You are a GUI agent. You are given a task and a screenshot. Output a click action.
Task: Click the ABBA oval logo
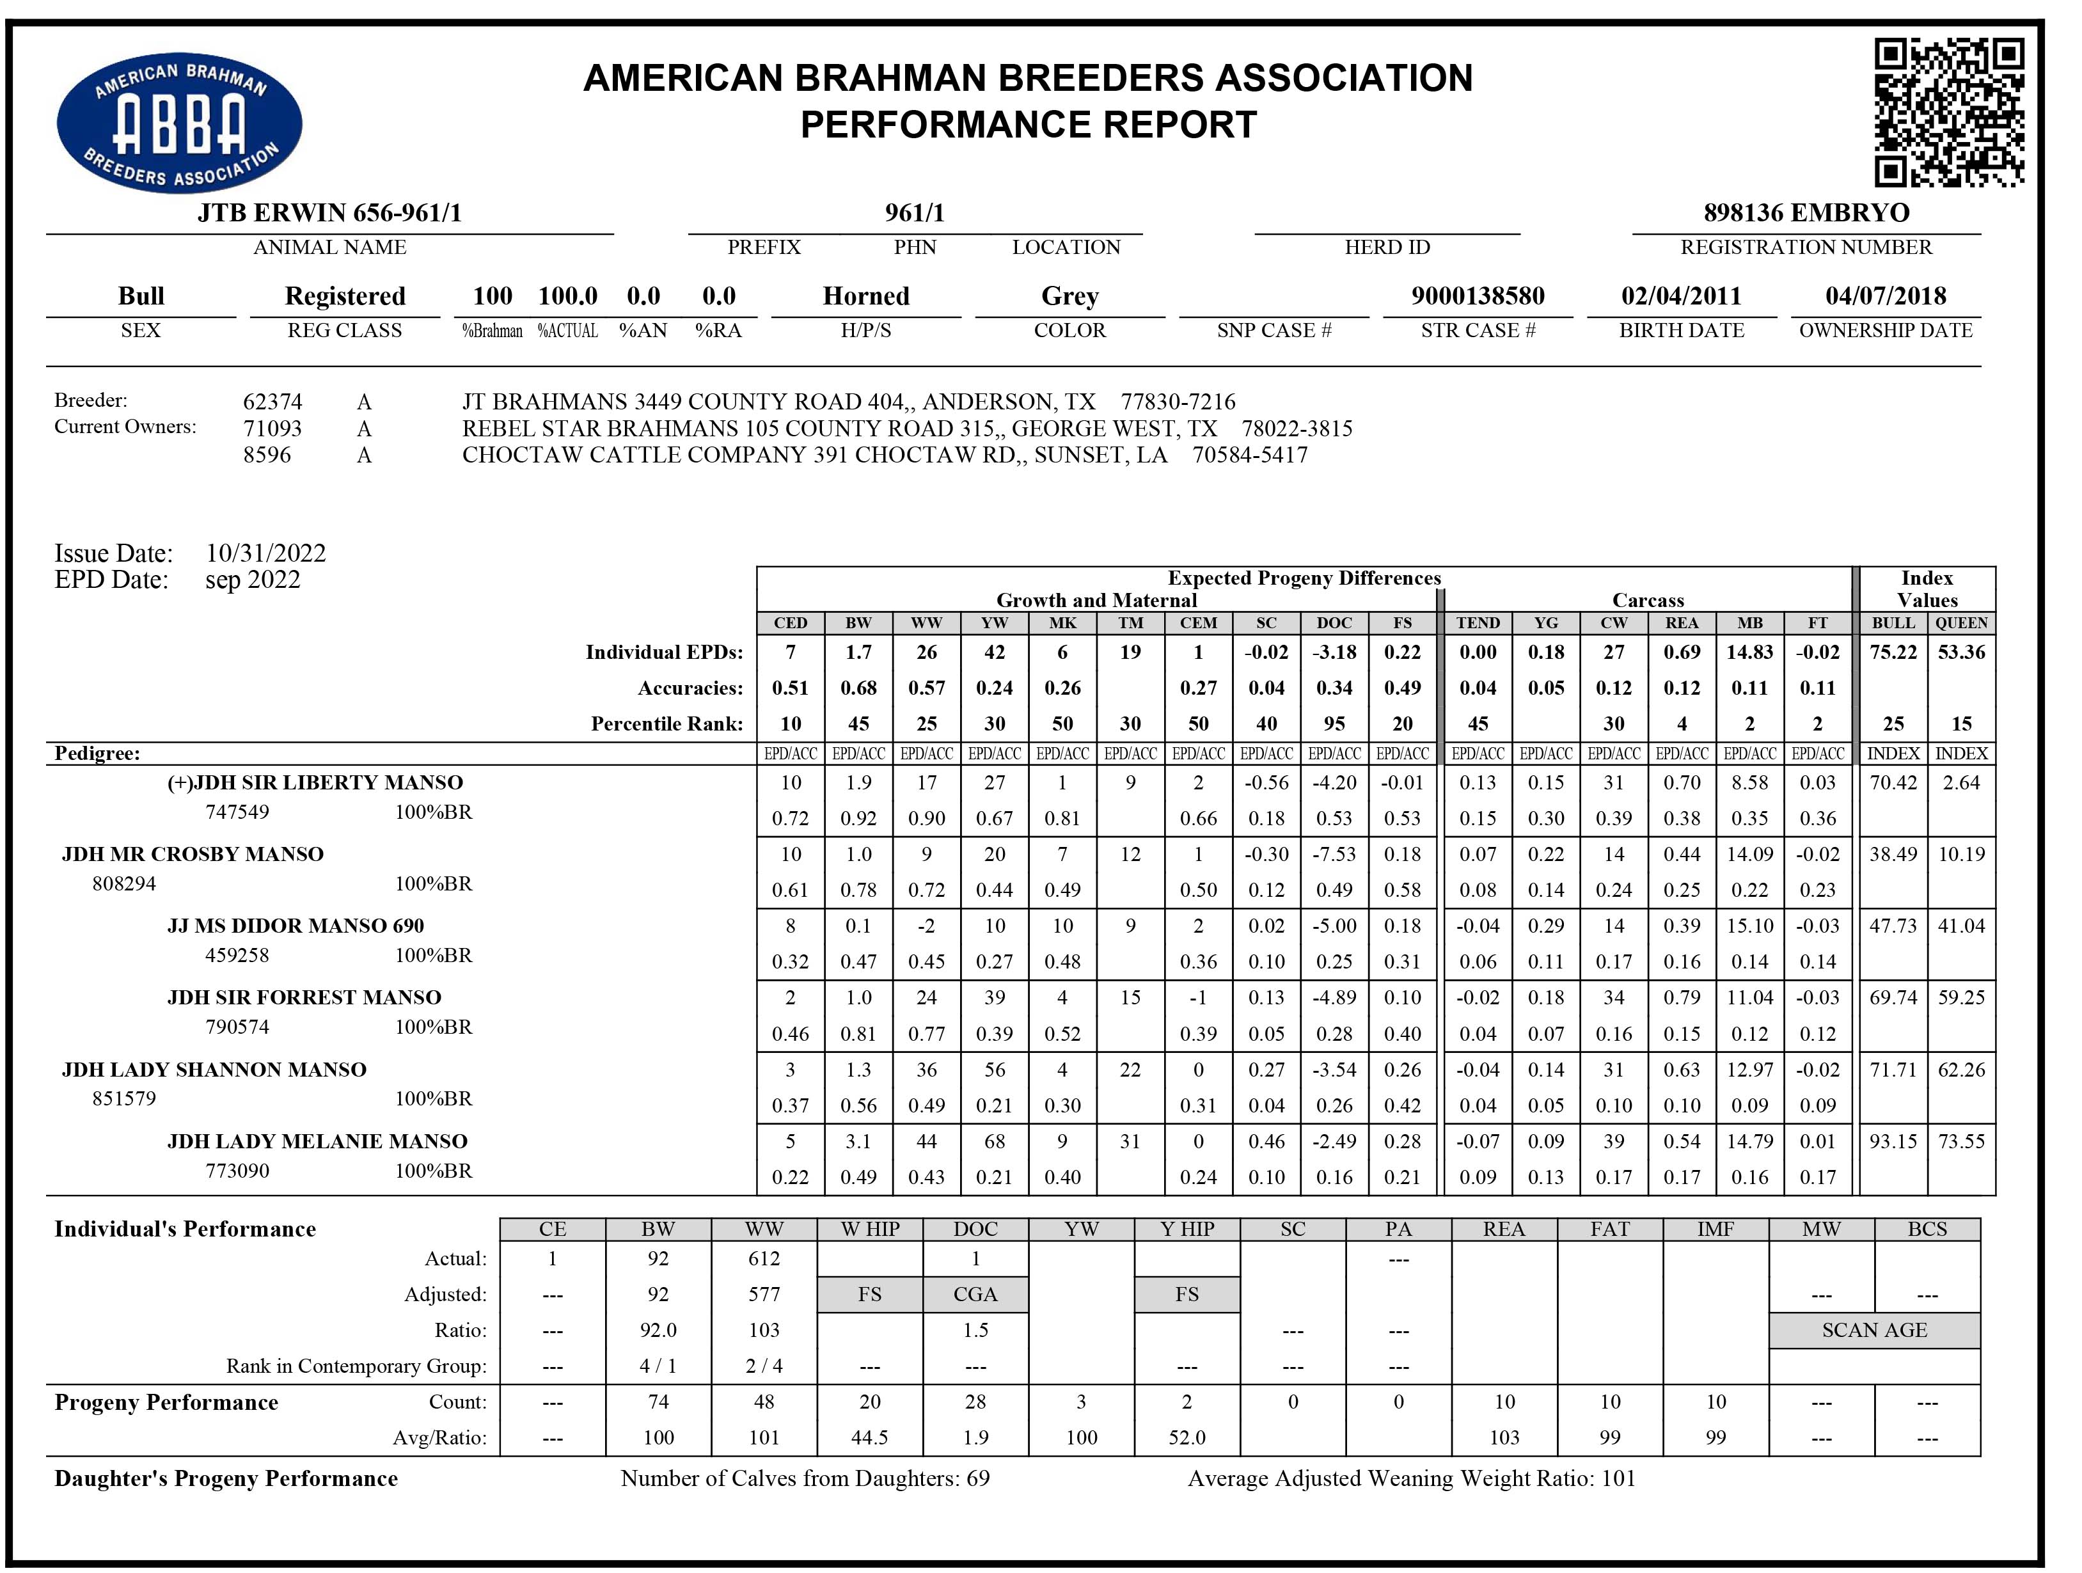179,122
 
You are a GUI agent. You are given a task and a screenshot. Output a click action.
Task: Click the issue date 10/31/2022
265,553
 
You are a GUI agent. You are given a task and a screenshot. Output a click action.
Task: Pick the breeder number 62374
272,402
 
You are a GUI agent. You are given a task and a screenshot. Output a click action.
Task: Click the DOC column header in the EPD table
1334,623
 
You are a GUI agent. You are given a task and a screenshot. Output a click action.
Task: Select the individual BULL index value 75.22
1893,652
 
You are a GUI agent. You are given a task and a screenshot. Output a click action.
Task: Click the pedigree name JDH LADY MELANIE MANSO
317,1142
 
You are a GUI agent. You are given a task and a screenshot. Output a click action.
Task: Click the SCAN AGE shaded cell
1874,1330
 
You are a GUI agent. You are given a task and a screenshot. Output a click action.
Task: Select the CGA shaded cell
975,1294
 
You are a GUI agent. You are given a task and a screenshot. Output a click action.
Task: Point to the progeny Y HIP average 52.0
1187,1437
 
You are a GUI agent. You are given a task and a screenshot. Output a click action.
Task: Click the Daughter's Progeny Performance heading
226,1479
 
